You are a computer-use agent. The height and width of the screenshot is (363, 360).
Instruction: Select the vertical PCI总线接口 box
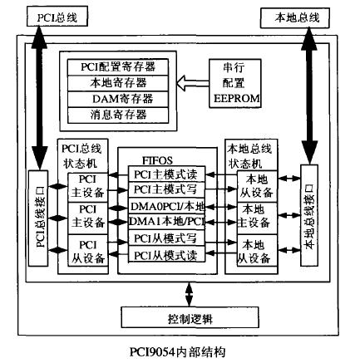[37, 216]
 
